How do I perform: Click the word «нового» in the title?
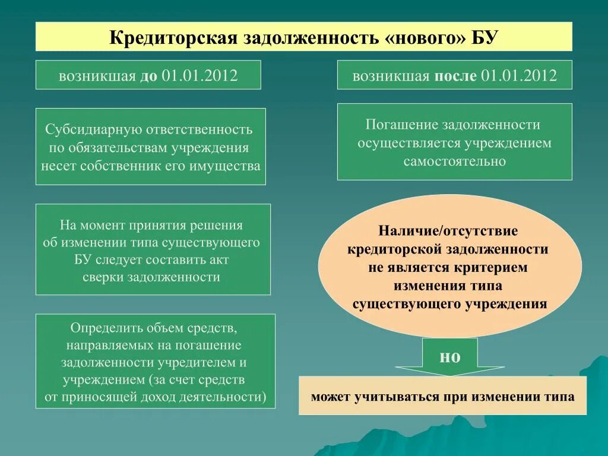pyautogui.click(x=420, y=37)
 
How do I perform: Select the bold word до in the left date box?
pyautogui.click(x=148, y=76)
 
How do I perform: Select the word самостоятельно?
pyautogui.click(x=455, y=161)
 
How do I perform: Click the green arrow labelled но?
pyautogui.click(x=449, y=357)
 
